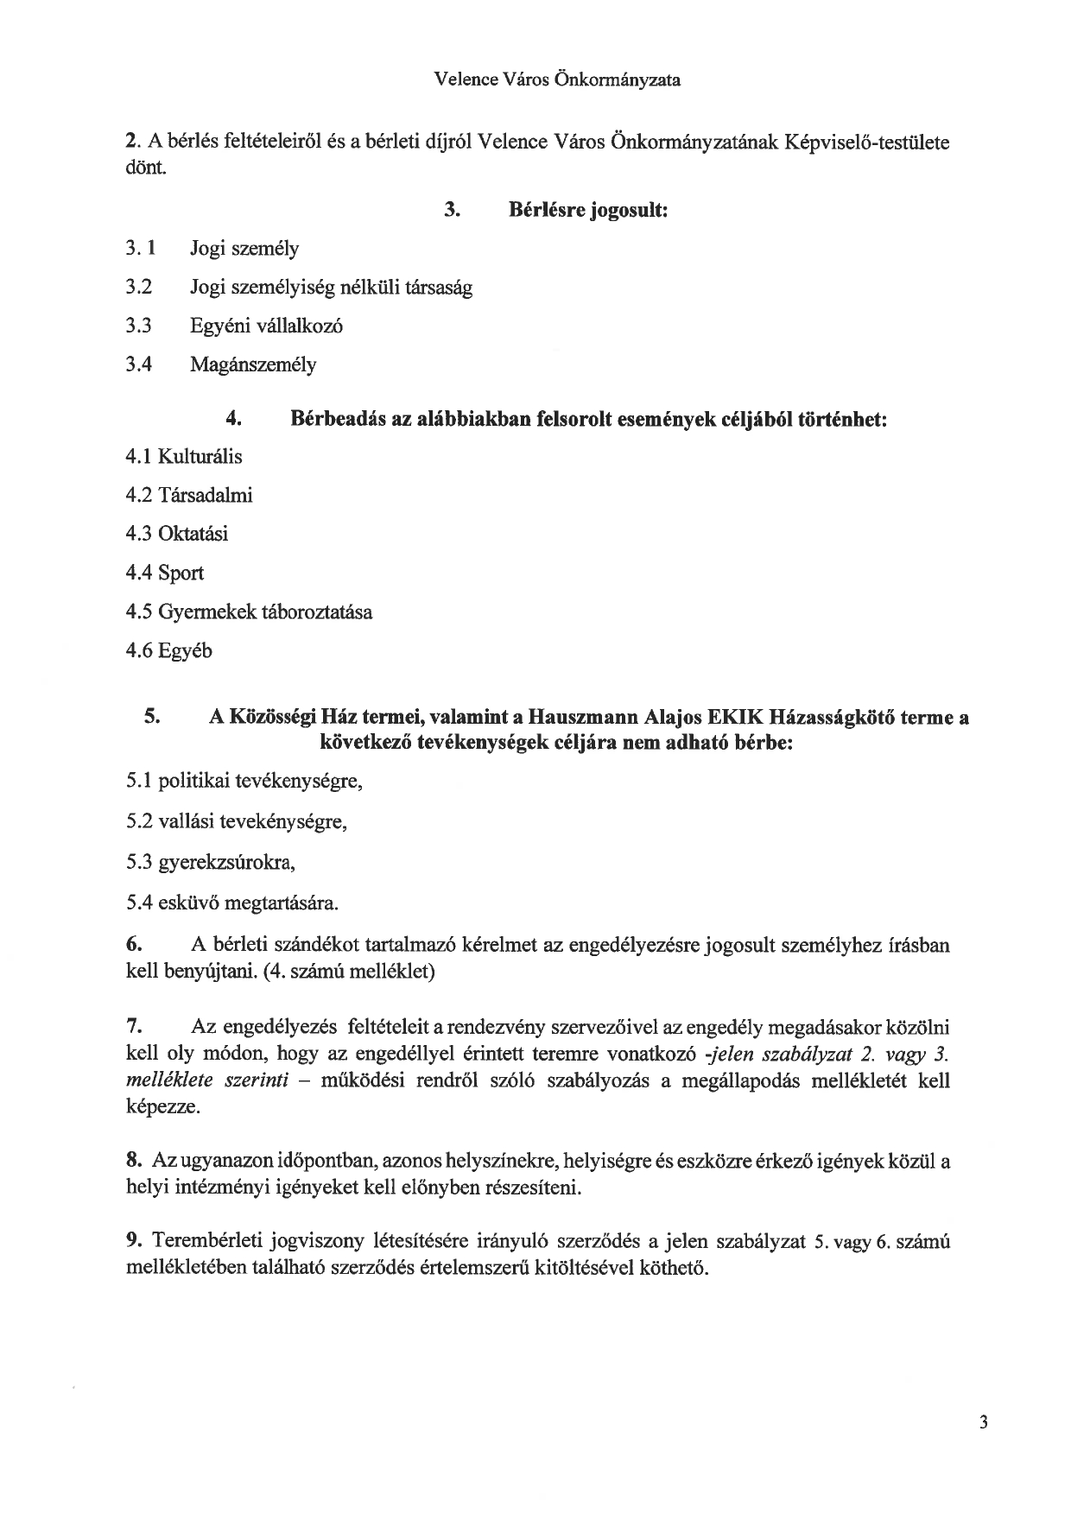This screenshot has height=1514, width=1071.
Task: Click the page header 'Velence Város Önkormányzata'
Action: click(557, 80)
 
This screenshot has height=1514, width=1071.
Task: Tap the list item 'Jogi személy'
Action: click(244, 249)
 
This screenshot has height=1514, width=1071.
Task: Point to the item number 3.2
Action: click(138, 287)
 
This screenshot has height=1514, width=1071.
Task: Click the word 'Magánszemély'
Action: click(253, 364)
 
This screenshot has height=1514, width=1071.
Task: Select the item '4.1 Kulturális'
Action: click(184, 456)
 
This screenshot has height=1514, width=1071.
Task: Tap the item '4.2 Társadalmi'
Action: click(189, 495)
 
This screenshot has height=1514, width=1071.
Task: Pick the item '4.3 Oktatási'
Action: click(177, 534)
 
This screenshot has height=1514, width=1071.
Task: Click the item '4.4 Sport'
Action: click(165, 573)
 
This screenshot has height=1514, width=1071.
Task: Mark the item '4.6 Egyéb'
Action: click(168, 650)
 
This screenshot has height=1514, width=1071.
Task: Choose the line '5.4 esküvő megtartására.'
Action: click(231, 904)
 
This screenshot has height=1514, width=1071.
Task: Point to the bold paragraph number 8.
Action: click(133, 1161)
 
